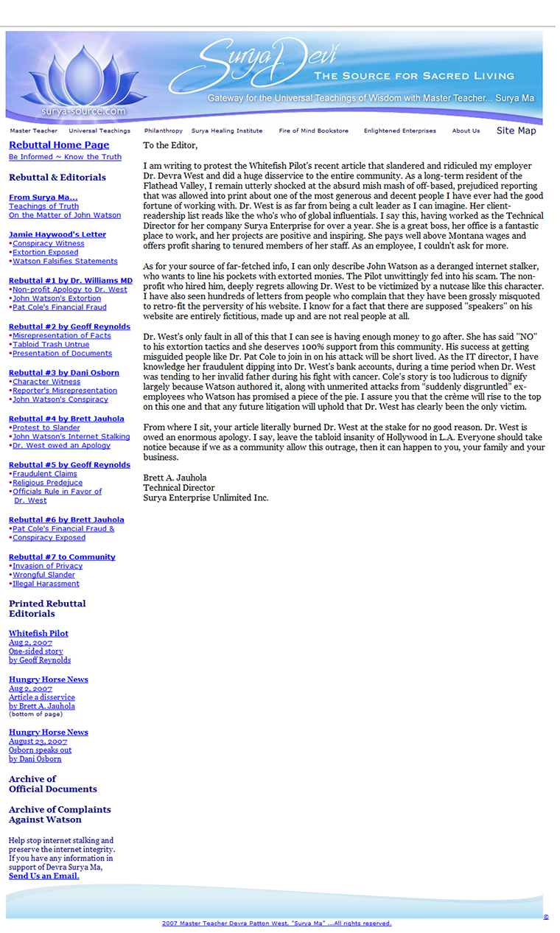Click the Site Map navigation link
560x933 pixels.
[516, 131]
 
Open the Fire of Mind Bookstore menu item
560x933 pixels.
[313, 131]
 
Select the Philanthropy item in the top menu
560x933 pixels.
[163, 131]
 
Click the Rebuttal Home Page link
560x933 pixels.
[59, 145]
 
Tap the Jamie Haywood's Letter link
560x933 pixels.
[57, 234]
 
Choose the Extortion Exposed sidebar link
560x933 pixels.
[46, 252]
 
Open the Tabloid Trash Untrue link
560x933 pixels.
[51, 344]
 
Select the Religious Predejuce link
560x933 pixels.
[48, 483]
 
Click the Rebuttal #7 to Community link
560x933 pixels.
[62, 557]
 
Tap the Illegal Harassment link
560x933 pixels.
[46, 584]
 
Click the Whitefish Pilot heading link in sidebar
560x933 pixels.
[38, 634]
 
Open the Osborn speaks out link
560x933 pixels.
[40, 750]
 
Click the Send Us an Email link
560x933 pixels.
[44, 876]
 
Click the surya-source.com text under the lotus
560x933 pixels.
[85, 111]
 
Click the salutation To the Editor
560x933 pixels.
[170, 146]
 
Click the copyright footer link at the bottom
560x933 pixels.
[277, 923]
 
